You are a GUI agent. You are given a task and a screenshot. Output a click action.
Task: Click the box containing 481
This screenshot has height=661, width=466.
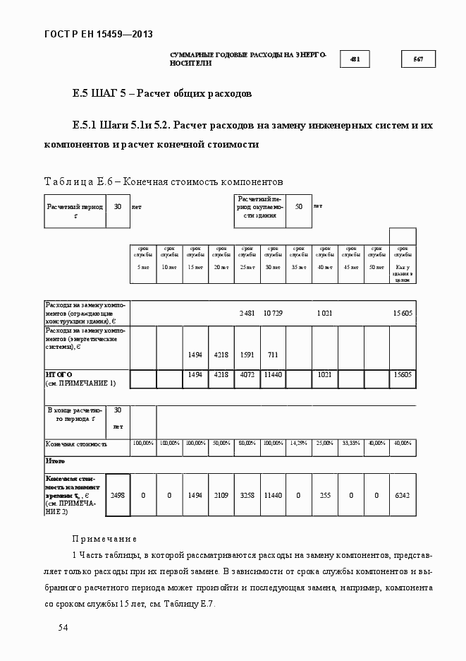pos(355,59)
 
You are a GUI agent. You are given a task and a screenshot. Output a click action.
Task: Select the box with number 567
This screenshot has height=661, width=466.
pos(418,59)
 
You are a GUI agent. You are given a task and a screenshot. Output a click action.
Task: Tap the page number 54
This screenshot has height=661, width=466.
pos(63,627)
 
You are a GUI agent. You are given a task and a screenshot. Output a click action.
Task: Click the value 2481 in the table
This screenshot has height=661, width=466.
pos(247,312)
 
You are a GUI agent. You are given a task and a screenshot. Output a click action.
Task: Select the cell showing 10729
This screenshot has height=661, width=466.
pos(273,312)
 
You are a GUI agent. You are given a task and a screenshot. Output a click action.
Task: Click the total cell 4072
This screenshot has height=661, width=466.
pos(247,374)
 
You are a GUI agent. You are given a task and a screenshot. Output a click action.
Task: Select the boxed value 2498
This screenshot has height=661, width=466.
pos(118,495)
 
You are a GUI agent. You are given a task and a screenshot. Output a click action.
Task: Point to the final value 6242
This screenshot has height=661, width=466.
pos(403,495)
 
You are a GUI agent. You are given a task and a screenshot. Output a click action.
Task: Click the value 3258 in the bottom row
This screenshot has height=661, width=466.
pos(247,495)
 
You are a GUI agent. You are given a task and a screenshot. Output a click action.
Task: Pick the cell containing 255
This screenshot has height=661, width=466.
pos(324,495)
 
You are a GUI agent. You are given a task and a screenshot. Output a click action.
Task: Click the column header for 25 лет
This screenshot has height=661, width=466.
pos(247,258)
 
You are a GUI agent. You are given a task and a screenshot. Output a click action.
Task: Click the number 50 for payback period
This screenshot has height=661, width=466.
pos(299,206)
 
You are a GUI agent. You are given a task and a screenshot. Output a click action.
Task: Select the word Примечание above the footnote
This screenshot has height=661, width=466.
pos(104,538)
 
